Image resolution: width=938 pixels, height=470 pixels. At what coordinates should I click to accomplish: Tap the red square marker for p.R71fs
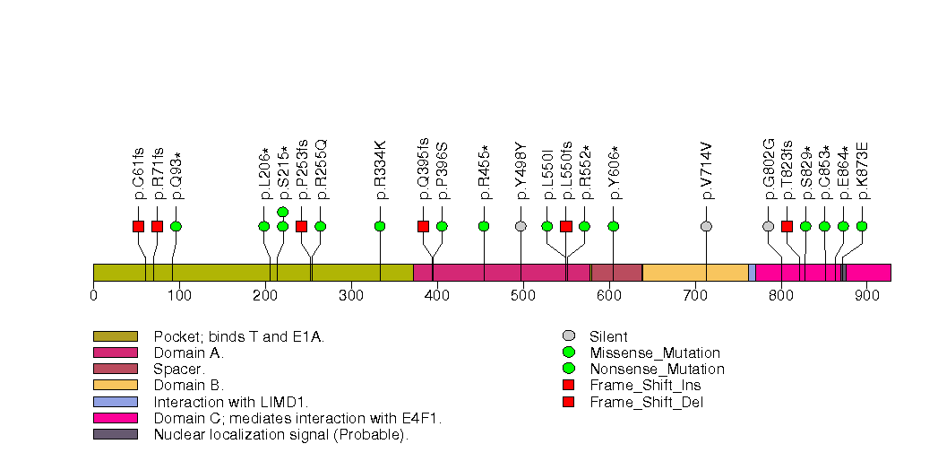[157, 226]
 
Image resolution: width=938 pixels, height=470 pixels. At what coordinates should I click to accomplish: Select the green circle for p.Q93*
[176, 226]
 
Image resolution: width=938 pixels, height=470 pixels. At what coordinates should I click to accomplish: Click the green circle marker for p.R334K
[380, 226]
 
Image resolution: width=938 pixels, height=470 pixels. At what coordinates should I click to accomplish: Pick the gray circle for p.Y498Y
[521, 226]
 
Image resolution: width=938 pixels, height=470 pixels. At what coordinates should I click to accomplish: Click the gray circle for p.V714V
[706, 226]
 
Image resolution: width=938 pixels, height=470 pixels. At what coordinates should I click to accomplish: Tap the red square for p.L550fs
[565, 226]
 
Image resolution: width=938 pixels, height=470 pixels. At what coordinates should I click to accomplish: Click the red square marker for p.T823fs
[787, 226]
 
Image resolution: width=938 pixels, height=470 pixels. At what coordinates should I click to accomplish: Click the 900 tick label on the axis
[866, 294]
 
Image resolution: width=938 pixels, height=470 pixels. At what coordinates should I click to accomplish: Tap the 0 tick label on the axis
[94, 294]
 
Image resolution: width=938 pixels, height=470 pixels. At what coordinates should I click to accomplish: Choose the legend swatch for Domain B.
[115, 386]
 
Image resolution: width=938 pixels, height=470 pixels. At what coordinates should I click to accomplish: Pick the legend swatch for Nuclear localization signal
[115, 434]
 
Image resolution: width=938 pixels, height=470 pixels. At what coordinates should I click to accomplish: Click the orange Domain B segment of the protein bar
[695, 273]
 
